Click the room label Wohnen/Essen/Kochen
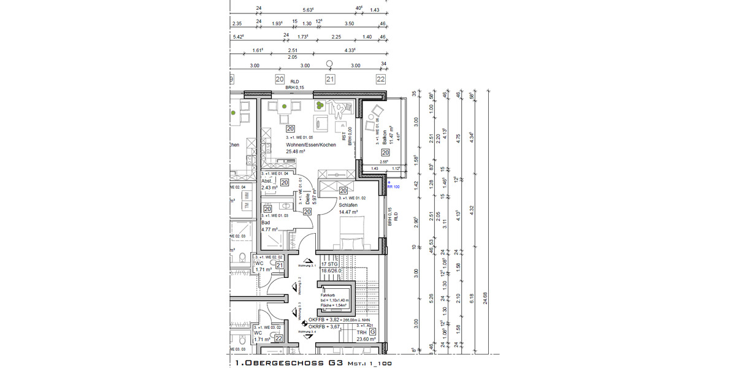311,145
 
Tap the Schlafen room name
348,205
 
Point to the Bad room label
266,223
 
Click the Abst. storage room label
267,181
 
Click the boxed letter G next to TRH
372,332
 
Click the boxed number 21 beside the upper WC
279,266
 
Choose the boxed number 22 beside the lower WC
278,338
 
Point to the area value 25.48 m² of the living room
297,151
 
